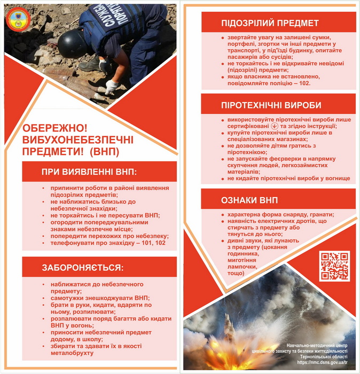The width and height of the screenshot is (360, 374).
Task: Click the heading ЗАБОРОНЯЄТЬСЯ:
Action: [x=82, y=267]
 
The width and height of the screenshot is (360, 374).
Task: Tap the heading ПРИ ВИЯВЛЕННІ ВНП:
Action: [x=89, y=172]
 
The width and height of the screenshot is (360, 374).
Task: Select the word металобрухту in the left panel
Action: [x=74, y=353]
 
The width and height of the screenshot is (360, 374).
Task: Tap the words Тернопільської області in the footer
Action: [x=318, y=356]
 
